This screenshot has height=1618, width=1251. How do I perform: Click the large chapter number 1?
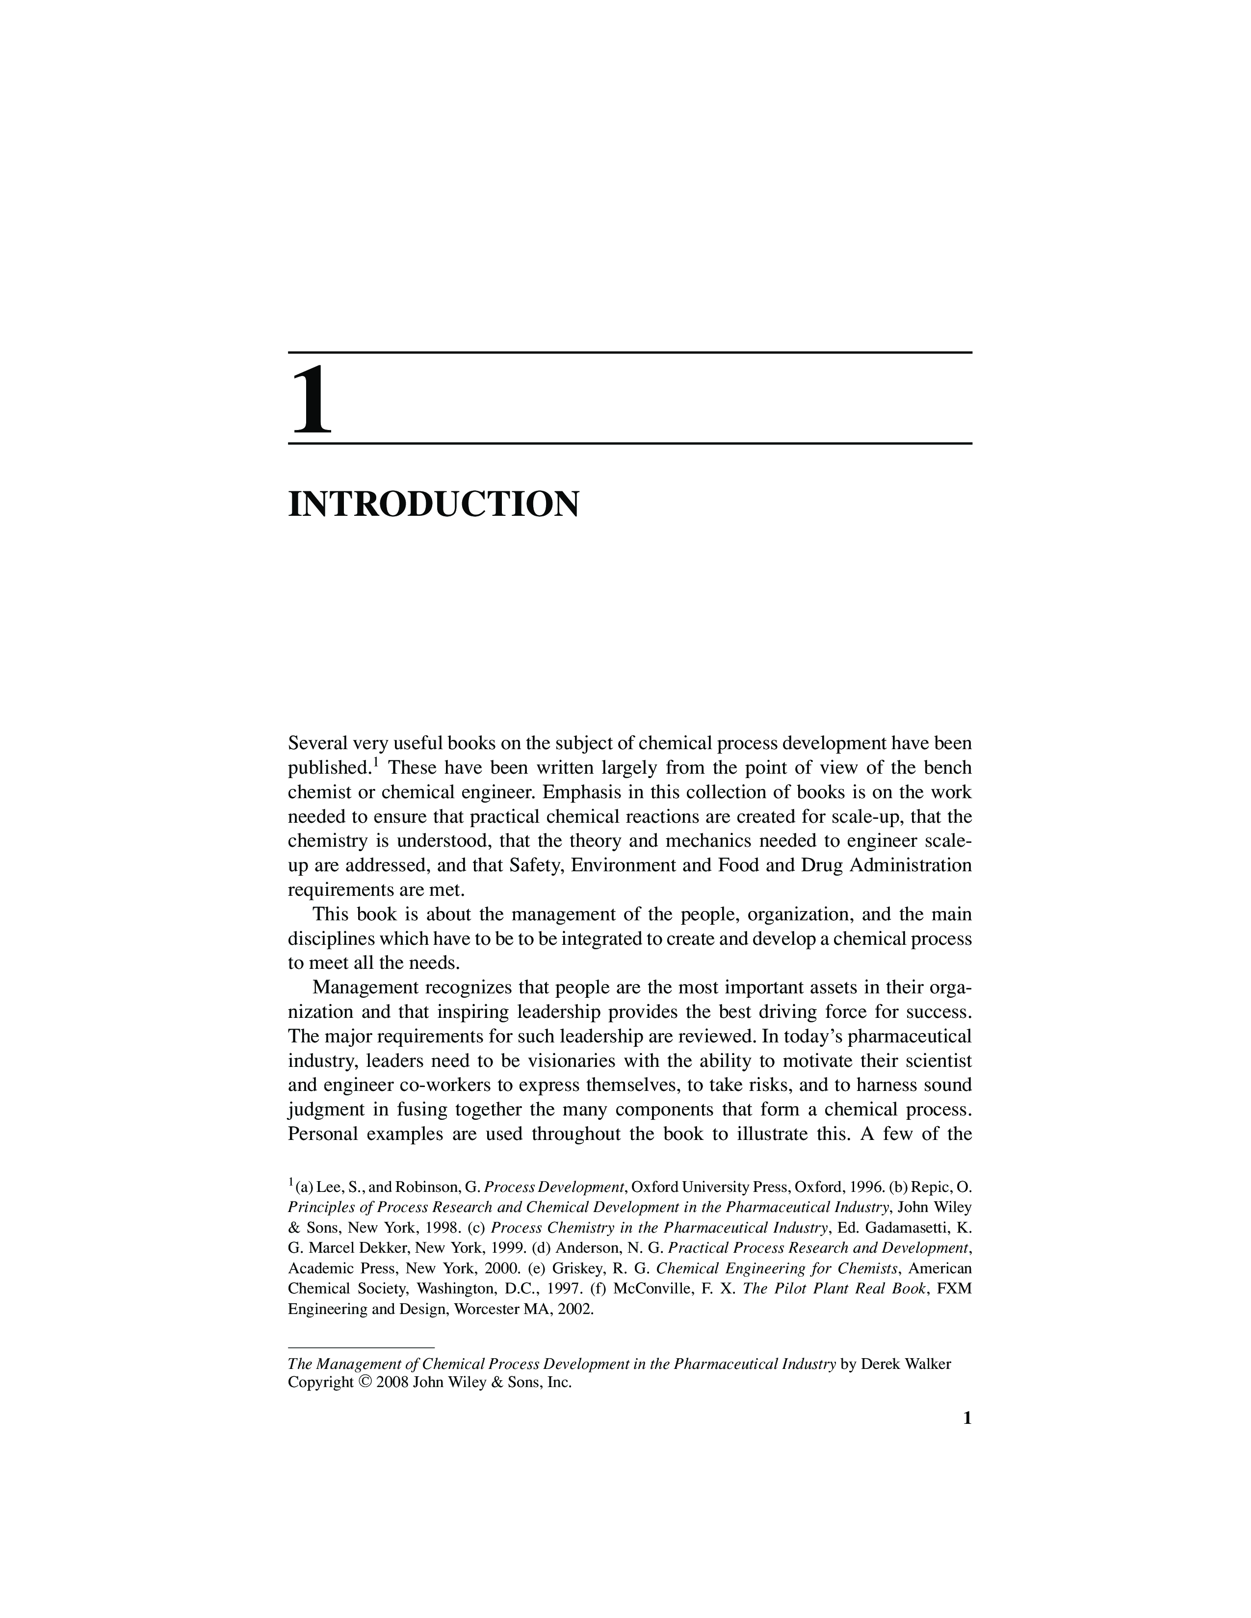pos(312,401)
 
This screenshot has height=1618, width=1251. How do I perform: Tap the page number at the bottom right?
pos(965,1417)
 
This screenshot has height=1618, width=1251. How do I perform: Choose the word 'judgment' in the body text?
pos(321,1110)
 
